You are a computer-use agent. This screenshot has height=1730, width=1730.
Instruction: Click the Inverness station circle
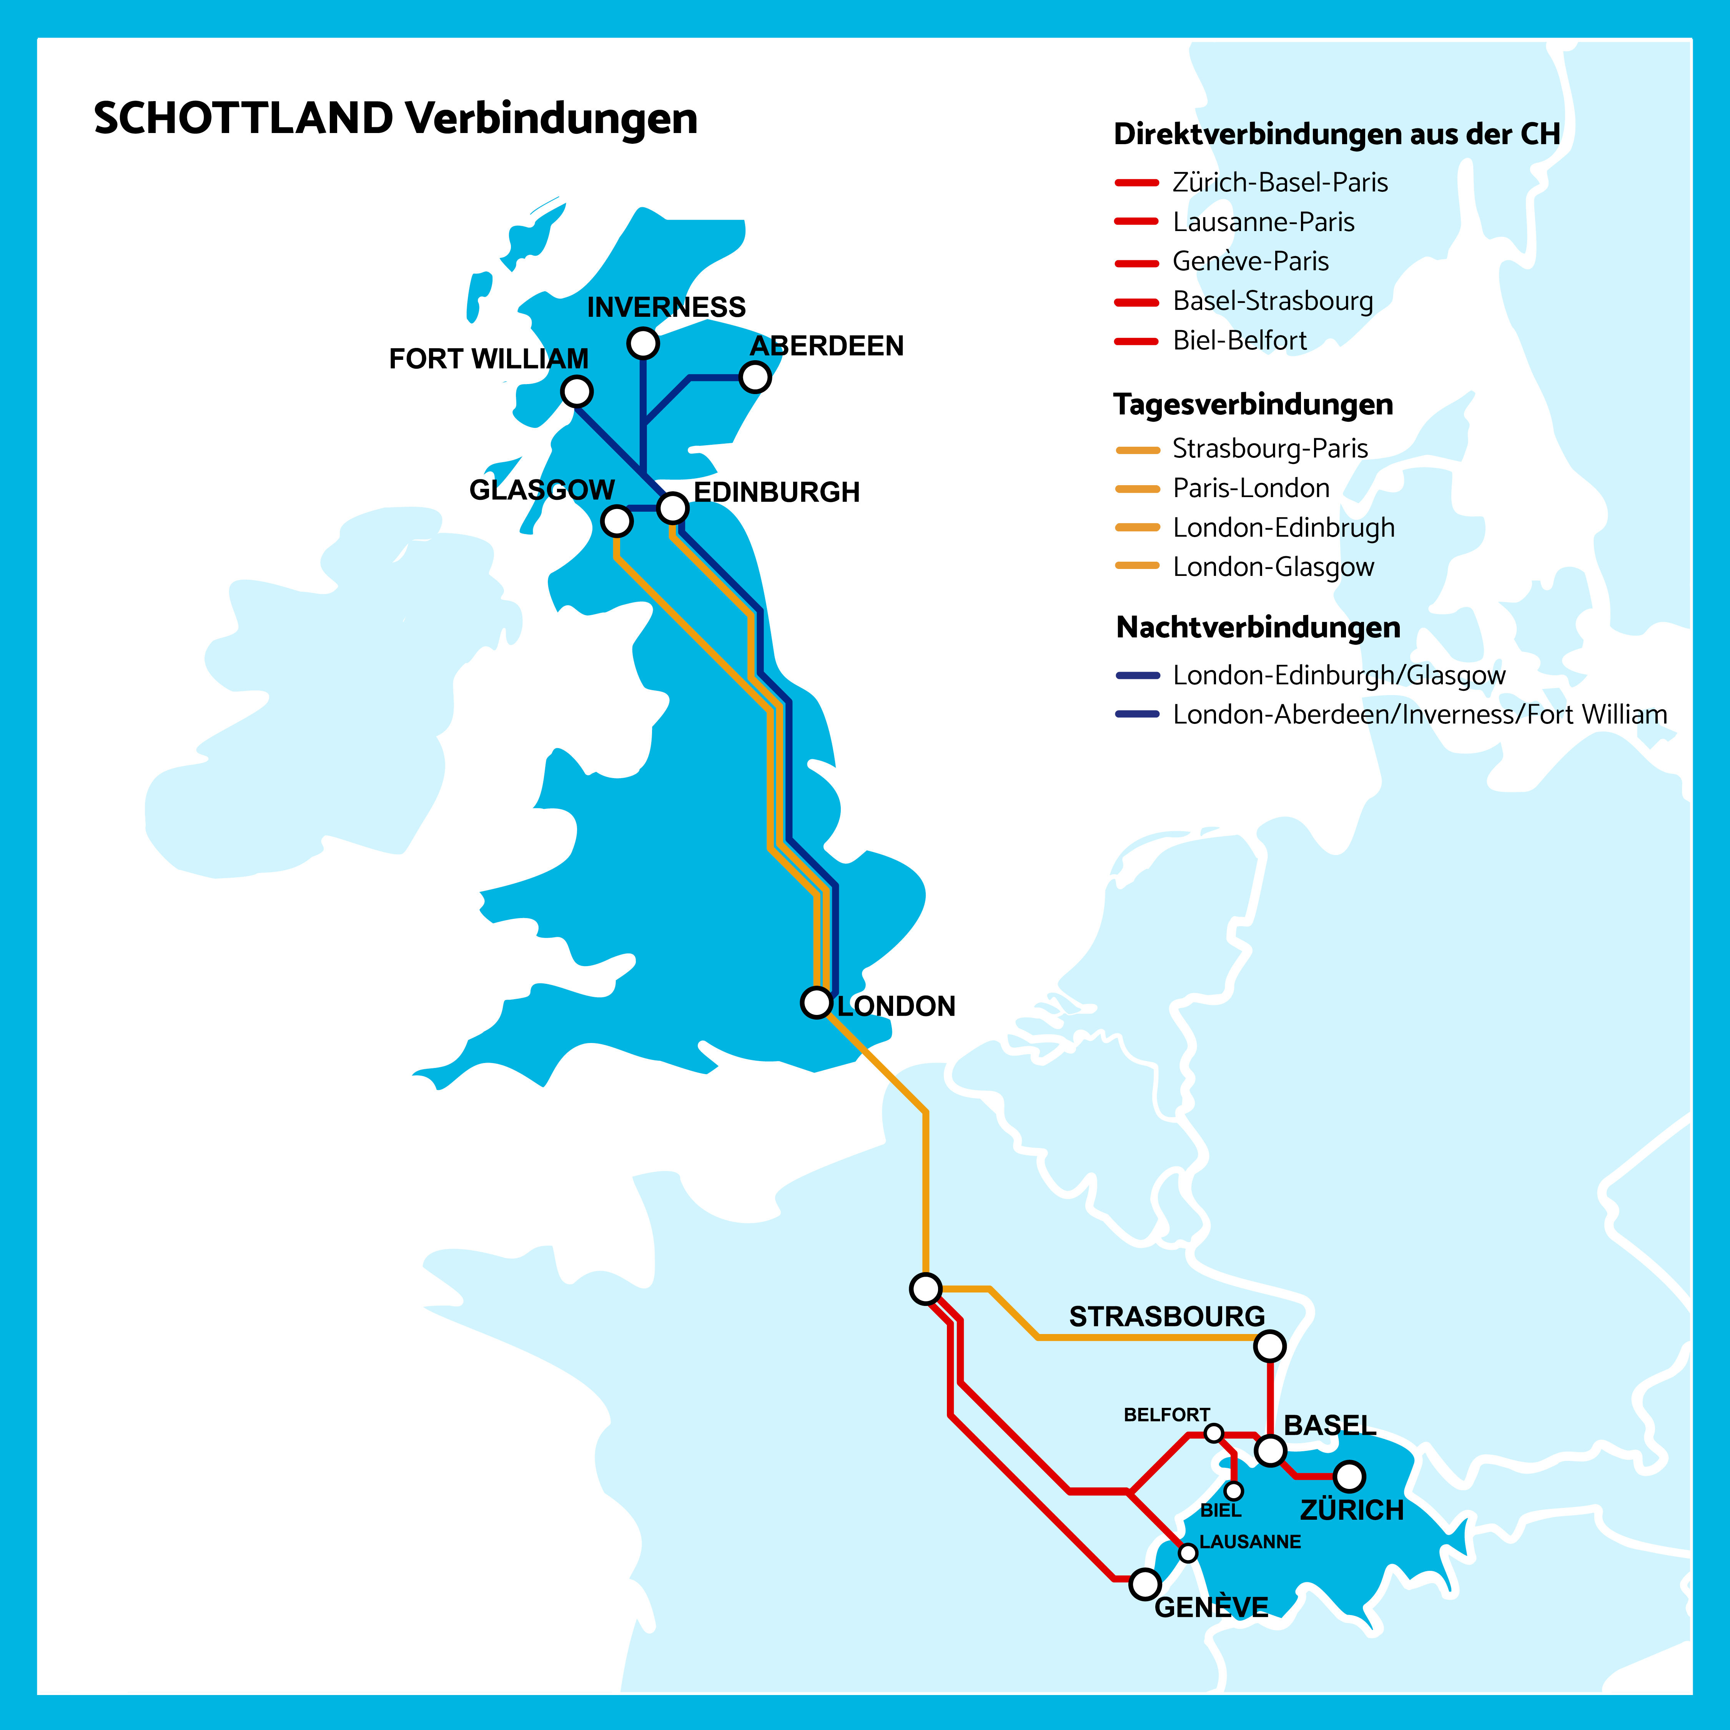tap(643, 343)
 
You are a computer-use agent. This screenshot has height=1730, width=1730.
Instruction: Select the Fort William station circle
tap(577, 391)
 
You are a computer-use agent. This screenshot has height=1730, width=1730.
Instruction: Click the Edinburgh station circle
tap(672, 508)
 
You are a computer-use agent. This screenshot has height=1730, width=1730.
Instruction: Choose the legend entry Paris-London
tap(1251, 488)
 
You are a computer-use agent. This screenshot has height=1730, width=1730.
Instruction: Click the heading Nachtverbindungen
tap(1258, 627)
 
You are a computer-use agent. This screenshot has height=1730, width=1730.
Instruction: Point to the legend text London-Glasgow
tap(1273, 567)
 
